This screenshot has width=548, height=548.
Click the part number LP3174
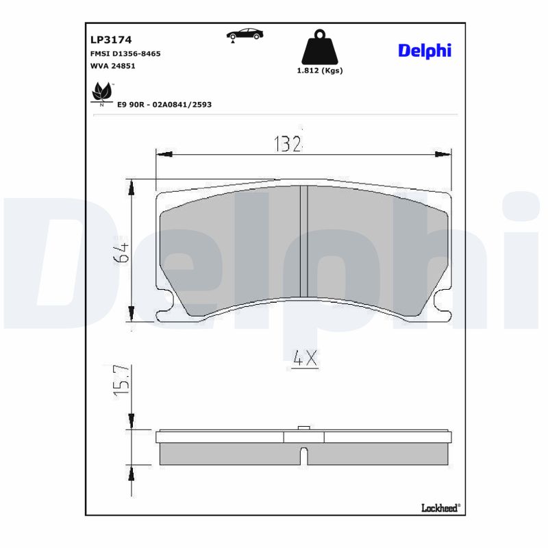click(x=111, y=40)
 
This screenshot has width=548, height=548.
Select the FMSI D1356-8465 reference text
click(x=125, y=53)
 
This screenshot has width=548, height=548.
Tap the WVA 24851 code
click(x=113, y=66)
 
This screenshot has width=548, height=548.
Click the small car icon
click(x=245, y=34)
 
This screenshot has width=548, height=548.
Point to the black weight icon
click(x=319, y=47)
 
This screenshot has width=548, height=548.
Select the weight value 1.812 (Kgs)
click(x=319, y=71)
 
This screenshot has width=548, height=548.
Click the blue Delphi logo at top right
click(x=425, y=51)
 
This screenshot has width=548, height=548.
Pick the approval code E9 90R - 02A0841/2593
click(x=164, y=105)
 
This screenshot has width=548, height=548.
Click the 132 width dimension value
click(x=288, y=144)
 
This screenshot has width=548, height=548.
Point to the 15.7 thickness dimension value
click(x=121, y=382)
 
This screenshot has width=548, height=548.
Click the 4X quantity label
click(x=305, y=358)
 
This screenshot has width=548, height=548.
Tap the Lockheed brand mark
click(x=439, y=508)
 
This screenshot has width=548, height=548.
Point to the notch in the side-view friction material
click(x=304, y=454)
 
